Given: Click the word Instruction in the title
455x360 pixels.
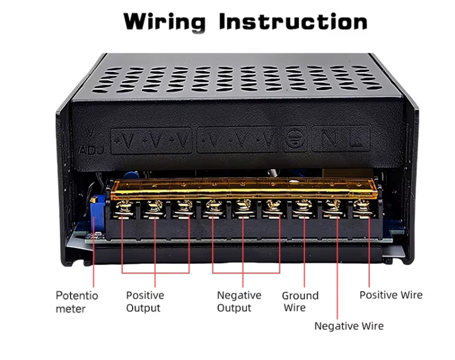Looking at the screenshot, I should coord(293,22).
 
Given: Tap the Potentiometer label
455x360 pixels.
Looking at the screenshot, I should coord(77,302).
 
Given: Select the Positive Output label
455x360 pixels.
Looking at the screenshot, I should coord(144,301).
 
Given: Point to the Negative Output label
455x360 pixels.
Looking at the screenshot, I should coord(239,301).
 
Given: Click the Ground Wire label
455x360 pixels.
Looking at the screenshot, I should coord(300,301).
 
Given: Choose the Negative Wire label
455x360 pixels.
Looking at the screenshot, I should coord(349,326).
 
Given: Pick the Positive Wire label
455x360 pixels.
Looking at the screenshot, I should coord(391,295).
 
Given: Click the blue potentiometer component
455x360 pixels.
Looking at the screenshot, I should coord(98,205).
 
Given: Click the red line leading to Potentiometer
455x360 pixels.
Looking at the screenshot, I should coord(93,256).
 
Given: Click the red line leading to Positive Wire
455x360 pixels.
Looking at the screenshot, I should coord(369,256).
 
